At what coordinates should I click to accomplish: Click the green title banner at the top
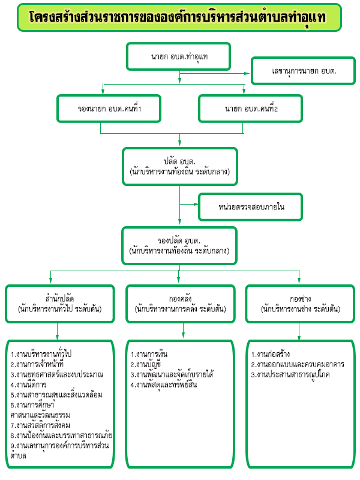click(x=179, y=17)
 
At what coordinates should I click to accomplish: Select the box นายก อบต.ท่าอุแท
click(x=178, y=56)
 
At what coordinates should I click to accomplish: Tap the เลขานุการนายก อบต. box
click(x=304, y=71)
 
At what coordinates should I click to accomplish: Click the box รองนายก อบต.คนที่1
click(x=109, y=109)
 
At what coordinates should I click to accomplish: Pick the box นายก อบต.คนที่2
click(x=251, y=109)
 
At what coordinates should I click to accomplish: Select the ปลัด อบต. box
click(x=180, y=167)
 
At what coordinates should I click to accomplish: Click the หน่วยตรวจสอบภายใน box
click(x=251, y=207)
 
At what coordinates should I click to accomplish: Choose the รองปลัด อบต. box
click(x=179, y=246)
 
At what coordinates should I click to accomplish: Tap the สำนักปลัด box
click(x=60, y=304)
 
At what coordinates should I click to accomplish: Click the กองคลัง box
click(x=181, y=304)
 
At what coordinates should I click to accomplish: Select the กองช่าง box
click(x=301, y=304)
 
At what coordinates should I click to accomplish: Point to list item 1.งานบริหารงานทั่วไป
click(x=41, y=354)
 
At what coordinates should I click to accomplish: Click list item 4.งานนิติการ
click(x=28, y=385)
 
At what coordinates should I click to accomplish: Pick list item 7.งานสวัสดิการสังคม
click(x=40, y=425)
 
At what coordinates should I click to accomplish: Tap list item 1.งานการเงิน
click(x=149, y=354)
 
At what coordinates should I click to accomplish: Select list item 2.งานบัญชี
click(x=146, y=364)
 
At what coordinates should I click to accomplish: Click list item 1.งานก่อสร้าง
click(x=271, y=354)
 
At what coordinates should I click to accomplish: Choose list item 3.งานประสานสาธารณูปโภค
click(x=290, y=374)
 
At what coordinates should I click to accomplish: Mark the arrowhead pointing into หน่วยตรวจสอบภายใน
click(x=196, y=204)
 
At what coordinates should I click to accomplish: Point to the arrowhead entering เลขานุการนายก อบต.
click(x=247, y=73)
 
